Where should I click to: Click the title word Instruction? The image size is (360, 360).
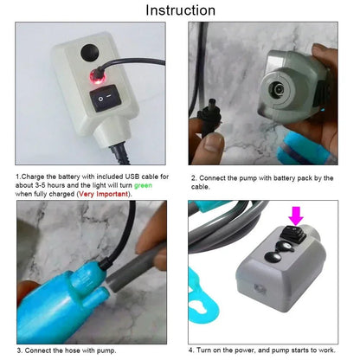(x=180, y=10)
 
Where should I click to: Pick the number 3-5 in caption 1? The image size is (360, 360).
(x=48, y=186)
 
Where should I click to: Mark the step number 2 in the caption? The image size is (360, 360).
(x=192, y=177)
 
